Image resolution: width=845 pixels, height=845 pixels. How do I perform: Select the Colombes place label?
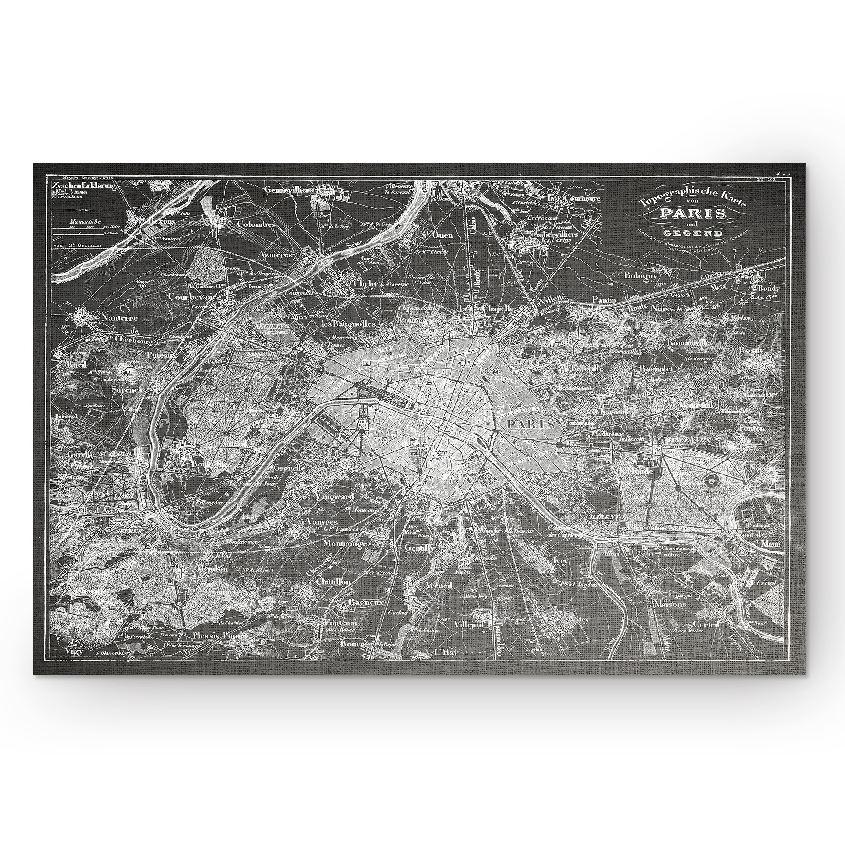pyautogui.click(x=256, y=224)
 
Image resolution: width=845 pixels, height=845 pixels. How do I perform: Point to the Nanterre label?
pyautogui.click(x=119, y=318)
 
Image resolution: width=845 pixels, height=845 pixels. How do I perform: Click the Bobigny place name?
pyautogui.click(x=641, y=275)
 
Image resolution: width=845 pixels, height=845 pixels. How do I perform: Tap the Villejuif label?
pyautogui.click(x=470, y=624)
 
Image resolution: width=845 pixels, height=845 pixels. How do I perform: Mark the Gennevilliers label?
pyautogui.click(x=288, y=190)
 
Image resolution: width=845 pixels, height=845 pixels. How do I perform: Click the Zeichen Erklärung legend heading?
pyautogui.click(x=83, y=185)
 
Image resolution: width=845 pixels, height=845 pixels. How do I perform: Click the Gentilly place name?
pyautogui.click(x=419, y=548)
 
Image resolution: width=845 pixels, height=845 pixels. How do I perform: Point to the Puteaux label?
pyautogui.click(x=161, y=356)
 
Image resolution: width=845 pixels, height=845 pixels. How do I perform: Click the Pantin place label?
pyautogui.click(x=604, y=300)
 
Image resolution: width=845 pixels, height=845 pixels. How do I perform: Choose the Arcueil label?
pyautogui.click(x=439, y=585)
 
